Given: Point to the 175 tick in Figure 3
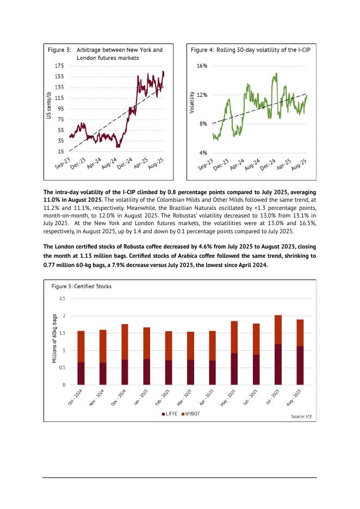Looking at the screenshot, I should [59, 66].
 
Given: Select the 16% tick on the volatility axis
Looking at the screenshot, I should [202, 66].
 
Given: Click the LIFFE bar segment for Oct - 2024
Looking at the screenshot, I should [81, 374].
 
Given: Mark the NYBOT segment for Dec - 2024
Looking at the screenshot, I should [125, 342].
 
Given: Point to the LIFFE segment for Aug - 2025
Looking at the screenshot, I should [299, 365].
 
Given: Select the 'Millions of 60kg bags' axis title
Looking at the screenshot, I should [54, 342].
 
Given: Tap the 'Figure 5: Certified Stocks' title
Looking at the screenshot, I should [81, 285].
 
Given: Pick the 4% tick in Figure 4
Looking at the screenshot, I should [203, 153].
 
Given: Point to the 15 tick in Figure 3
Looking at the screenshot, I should [60, 152].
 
